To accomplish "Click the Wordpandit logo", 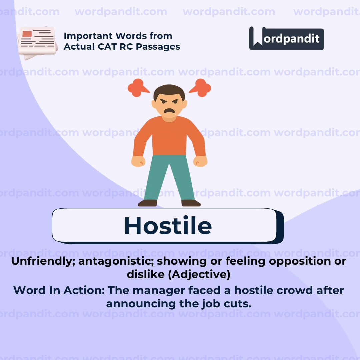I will pyautogui.click(x=286, y=38).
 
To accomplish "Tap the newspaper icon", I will pyautogui.click(x=37, y=42).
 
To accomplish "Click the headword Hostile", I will pyautogui.click(x=168, y=226).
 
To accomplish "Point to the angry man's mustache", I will pyautogui.click(x=169, y=110).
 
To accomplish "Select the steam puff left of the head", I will pyautogui.click(x=137, y=88).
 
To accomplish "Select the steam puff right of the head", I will pyautogui.click(x=201, y=88).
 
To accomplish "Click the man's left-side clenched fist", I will pyautogui.click(x=138, y=161).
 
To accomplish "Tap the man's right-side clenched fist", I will pyautogui.click(x=200, y=161).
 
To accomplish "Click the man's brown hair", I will pyautogui.click(x=169, y=91).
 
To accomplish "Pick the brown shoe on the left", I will pyautogui.click(x=147, y=203).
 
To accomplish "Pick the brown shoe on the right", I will pyautogui.click(x=191, y=203).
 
